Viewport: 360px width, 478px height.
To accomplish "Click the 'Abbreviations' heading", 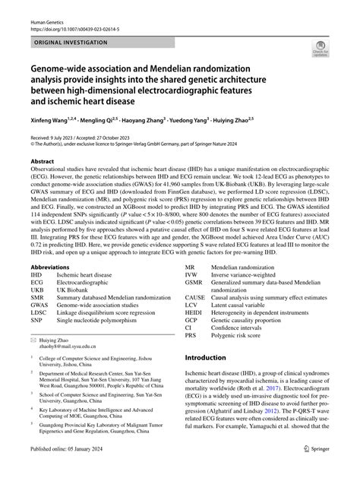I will [x=51, y=267].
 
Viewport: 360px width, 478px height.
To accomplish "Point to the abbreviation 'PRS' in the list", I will [x=192, y=337].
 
